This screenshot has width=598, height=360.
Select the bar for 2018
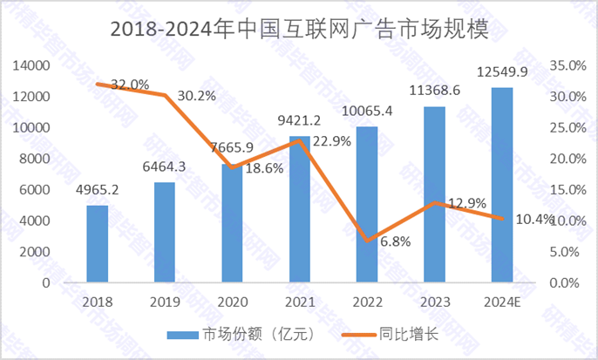pyautogui.click(x=97, y=244)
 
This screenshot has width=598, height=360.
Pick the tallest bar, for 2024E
pyautogui.click(x=501, y=185)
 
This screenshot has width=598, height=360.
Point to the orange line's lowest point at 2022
pyautogui.click(x=366, y=240)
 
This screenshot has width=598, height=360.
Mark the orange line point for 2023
pyautogui.click(x=434, y=202)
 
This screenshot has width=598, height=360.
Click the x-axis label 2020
pyautogui.click(x=232, y=301)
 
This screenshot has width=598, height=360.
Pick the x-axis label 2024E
pyautogui.click(x=502, y=301)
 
